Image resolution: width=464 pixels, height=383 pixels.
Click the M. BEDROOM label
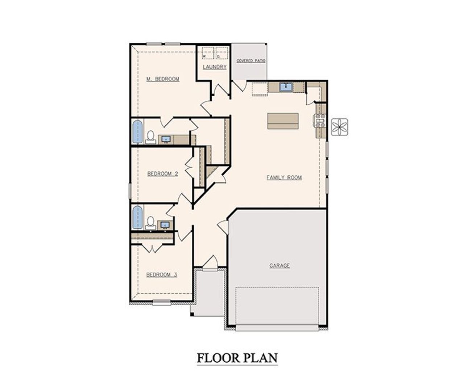coord(163,79)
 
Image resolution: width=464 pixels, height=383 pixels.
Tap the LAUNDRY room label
coord(215,67)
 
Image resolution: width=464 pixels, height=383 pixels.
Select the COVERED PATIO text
coord(251,61)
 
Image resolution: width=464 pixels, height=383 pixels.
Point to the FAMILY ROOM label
coord(284,177)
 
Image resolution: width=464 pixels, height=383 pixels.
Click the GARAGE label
coord(279,265)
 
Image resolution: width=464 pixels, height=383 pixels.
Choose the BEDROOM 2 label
coord(163,173)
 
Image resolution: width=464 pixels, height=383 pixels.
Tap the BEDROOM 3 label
coord(162,275)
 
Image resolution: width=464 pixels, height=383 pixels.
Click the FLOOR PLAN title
coord(237,358)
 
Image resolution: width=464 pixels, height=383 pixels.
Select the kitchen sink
coord(286,87)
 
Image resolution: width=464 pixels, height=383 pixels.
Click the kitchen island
coord(283,121)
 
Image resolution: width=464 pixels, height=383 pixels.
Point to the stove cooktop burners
coord(320,121)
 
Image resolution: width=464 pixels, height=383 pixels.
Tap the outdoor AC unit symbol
coord(340,127)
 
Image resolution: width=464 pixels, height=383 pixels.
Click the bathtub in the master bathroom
coord(137,131)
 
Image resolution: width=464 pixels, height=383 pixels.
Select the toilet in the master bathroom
coord(151,137)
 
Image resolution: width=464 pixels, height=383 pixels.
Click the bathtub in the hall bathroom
coord(137,217)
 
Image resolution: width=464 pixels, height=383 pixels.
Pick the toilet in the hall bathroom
coord(150,223)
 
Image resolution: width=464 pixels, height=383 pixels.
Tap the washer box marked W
coord(208,53)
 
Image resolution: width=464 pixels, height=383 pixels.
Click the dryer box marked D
coord(222,53)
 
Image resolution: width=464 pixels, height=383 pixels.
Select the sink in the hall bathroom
coord(165,225)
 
